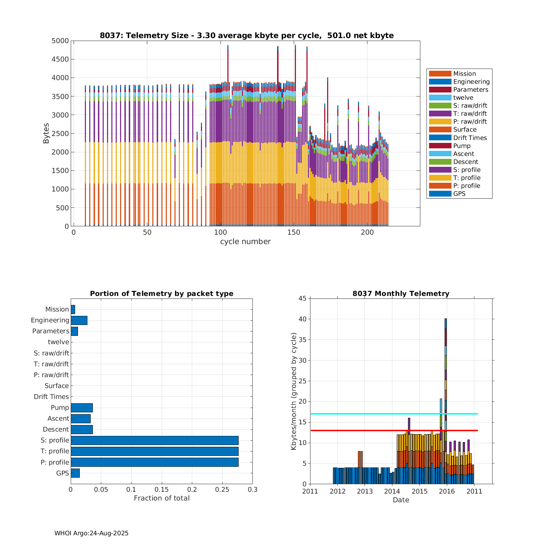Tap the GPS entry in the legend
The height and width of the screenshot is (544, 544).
point(459,194)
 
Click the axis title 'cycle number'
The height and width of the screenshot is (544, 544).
point(245,242)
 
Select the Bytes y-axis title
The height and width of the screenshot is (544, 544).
point(46,133)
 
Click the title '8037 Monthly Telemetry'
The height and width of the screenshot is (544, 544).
point(401,293)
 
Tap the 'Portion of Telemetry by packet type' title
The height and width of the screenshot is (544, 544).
point(161,293)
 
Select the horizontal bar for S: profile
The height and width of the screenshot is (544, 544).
point(154,440)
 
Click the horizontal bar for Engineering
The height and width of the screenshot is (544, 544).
point(79,320)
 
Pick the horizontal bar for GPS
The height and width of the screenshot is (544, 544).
point(75,473)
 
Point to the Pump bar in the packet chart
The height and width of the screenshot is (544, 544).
point(82,408)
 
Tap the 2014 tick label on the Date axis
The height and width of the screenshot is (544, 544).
point(392,491)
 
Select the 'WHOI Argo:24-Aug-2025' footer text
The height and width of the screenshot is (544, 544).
point(91,533)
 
